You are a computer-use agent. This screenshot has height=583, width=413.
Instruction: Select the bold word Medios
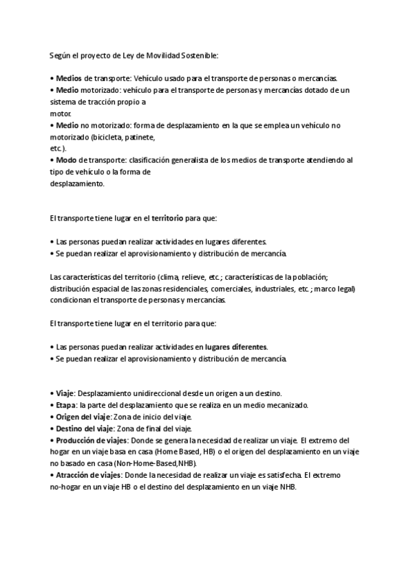69,78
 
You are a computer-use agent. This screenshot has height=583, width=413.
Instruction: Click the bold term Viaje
65,393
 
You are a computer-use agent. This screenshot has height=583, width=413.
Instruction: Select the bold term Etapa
67,405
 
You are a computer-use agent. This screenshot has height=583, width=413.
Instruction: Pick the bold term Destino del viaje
84,428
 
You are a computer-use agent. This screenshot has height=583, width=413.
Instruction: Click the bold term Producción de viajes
91,440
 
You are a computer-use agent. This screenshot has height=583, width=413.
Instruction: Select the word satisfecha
278,475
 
